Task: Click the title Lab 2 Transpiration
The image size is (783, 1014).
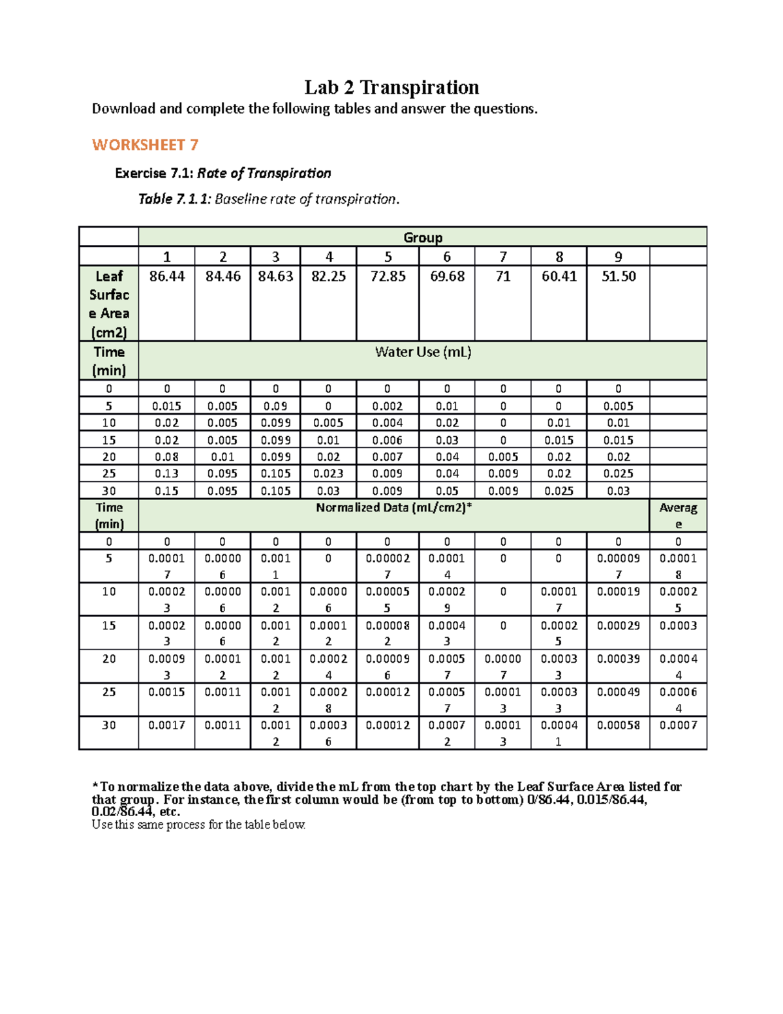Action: tap(391, 87)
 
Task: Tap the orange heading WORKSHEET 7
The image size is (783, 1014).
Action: tap(145, 145)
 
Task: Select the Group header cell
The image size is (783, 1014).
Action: tap(422, 238)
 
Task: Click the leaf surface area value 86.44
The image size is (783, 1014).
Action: tap(167, 277)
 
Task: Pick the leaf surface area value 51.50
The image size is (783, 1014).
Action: tap(618, 277)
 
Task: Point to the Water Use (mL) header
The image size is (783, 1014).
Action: tap(423, 353)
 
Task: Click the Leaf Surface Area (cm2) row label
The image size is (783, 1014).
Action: tap(109, 304)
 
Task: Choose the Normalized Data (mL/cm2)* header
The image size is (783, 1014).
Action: tap(393, 508)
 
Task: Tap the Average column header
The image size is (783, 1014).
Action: tap(678, 515)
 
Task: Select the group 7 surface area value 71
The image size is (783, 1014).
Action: tap(502, 277)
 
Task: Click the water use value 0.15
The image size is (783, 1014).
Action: tap(167, 491)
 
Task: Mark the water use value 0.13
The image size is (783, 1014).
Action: tap(167, 474)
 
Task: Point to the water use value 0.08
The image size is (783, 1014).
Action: tap(167, 457)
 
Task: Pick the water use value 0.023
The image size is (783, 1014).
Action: tap(328, 474)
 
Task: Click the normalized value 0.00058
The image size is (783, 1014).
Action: tap(618, 725)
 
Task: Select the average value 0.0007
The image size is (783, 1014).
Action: tap(678, 725)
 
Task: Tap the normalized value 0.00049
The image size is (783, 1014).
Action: tap(618, 692)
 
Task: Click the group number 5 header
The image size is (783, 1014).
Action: tap(388, 257)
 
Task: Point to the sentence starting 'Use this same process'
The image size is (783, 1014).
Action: tap(198, 825)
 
